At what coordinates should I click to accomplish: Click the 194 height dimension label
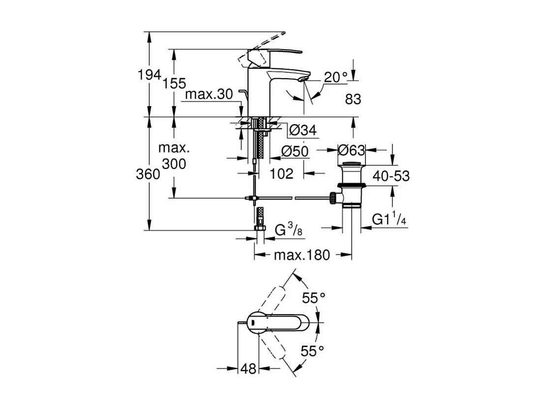click(150, 75)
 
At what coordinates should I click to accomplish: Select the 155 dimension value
click(175, 84)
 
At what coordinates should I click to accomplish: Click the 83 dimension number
click(353, 99)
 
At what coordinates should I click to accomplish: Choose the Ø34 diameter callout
click(302, 130)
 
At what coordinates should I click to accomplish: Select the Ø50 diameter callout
click(295, 152)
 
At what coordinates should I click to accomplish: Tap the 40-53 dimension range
click(391, 176)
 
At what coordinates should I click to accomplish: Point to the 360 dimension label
click(149, 175)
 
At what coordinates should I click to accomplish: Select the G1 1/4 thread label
click(389, 220)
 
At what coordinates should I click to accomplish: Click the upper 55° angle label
click(314, 297)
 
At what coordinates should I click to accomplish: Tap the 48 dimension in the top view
click(250, 369)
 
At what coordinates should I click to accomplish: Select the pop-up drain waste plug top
click(352, 163)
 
